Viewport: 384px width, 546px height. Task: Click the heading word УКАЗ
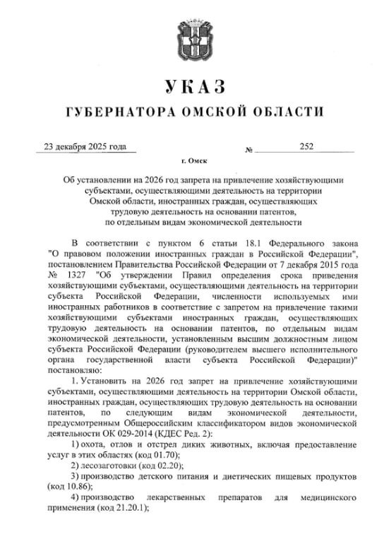(193, 87)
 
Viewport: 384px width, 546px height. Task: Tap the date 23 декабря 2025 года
(85, 147)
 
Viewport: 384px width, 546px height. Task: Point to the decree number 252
(306, 147)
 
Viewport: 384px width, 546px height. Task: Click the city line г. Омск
(191, 162)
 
